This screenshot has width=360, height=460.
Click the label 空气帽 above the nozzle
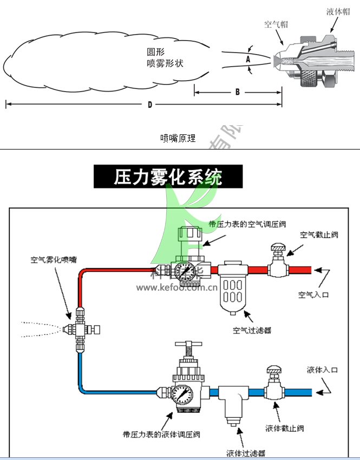pos(276,24)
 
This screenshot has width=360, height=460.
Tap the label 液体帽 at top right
pos(338,11)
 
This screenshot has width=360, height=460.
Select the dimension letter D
pos(150,105)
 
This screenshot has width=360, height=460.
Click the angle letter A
pos(247,58)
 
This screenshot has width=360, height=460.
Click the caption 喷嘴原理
pos(178,138)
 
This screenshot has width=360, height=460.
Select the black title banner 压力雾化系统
pos(168,177)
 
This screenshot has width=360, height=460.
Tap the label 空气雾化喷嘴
pos(53,260)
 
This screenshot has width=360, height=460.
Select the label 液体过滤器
pos(246,453)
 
